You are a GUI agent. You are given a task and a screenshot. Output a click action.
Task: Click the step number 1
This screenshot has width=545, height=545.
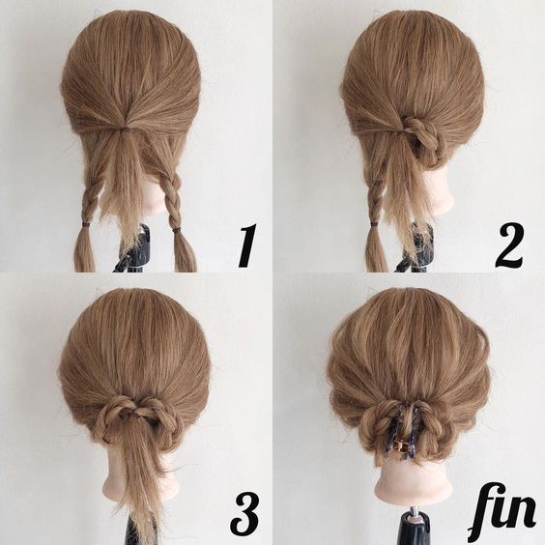coord(247,245)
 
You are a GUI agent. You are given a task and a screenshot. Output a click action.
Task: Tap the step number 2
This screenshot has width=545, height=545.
coord(509,245)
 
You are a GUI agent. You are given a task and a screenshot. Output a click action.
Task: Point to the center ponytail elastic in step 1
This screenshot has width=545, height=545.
coord(124,129)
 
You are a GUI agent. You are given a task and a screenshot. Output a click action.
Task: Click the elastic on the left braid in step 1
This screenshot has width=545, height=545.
coord(84,224)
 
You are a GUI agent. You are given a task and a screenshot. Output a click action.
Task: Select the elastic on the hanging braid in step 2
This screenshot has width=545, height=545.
coord(374,224)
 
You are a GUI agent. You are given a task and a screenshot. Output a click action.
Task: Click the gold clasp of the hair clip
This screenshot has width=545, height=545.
coord(399,445)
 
